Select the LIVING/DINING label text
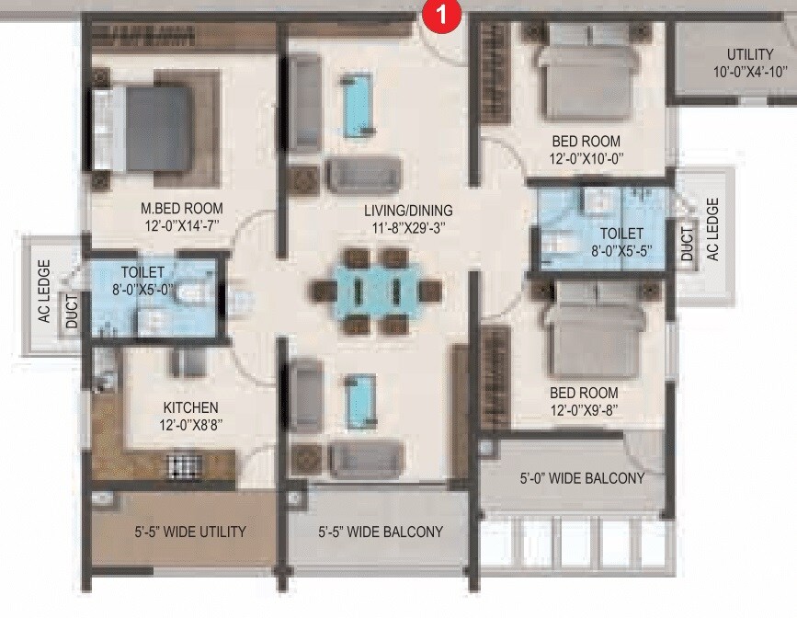point(407,211)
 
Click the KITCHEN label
point(191,407)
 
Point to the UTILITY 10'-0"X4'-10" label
point(749,63)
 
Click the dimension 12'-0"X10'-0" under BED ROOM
point(586,159)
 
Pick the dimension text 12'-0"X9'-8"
point(585,410)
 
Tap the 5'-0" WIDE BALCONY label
point(582,478)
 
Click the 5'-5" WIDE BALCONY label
point(381,532)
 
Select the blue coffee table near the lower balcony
point(359,400)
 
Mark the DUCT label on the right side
point(688,243)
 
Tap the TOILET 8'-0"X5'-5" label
point(621,242)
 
